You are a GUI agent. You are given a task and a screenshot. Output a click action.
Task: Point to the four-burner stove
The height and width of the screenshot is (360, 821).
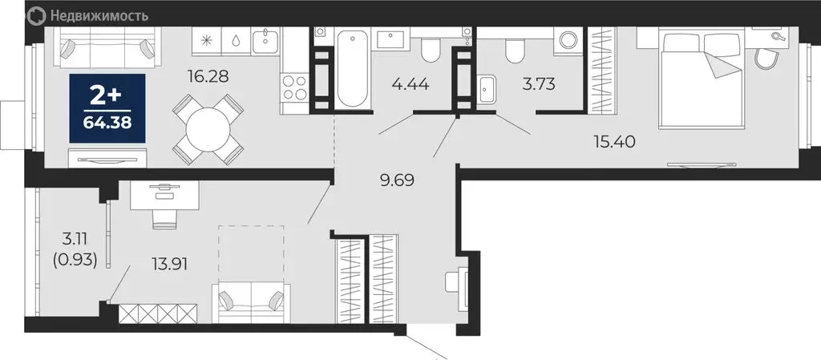[293, 86]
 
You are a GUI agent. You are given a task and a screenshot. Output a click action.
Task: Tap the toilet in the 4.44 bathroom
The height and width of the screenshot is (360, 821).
[429, 51]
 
